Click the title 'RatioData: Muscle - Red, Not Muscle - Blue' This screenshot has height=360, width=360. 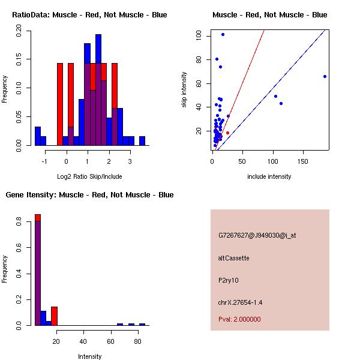point(89,14)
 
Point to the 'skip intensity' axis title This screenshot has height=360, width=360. point(184,89)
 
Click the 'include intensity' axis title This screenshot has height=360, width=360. point(269,176)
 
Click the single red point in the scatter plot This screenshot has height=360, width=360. point(227,133)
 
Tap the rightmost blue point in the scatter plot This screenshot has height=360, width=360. point(325,76)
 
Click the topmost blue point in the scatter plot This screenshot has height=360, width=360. point(223,34)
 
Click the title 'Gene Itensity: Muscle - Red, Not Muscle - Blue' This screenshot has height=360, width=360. point(89,194)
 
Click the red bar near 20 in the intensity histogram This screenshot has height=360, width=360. point(54,316)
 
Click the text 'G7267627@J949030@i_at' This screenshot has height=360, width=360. point(257,235)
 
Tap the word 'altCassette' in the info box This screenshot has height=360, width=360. point(233,258)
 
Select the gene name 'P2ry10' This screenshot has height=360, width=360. point(229,280)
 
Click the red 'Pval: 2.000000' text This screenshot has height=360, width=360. point(239,319)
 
